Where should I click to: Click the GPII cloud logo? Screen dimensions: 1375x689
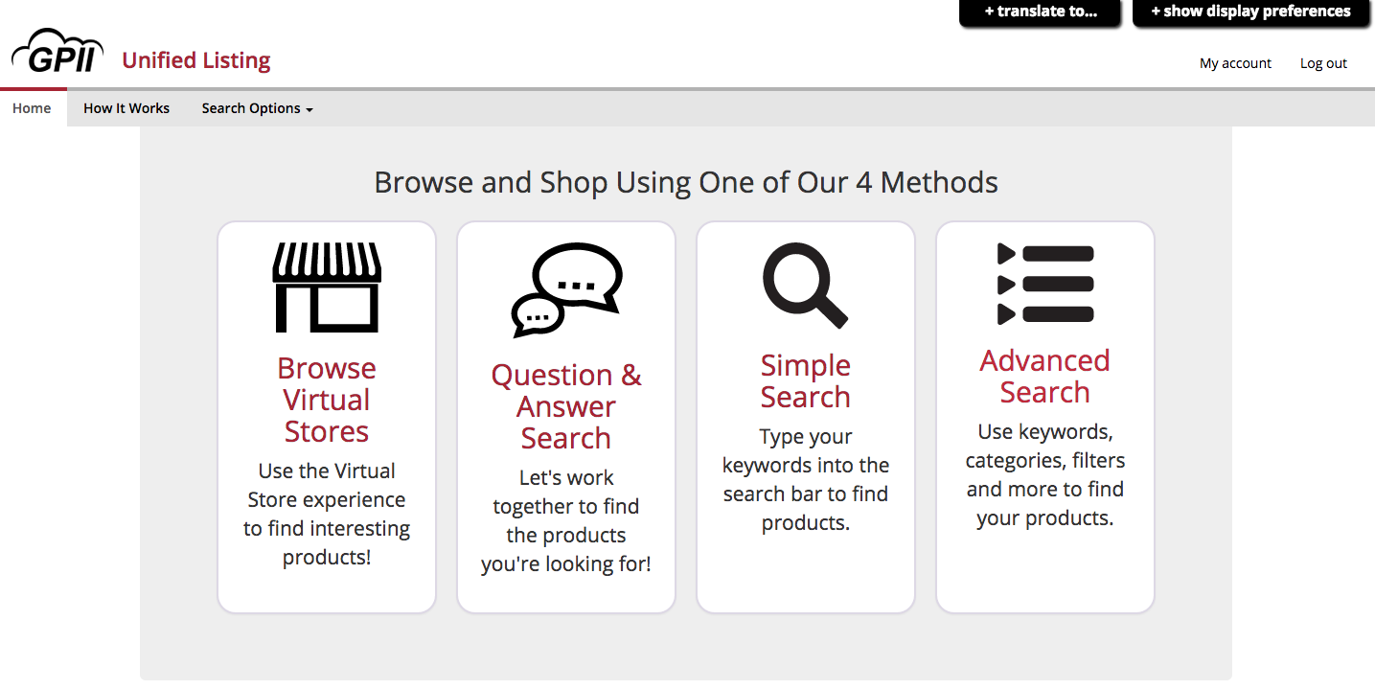(57, 51)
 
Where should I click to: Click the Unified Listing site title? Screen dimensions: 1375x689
(196, 60)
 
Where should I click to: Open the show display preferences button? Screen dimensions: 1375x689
(1251, 12)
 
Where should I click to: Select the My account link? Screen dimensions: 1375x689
(1235, 63)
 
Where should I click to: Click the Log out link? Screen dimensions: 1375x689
(1323, 63)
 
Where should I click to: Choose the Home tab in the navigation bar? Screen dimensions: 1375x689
(32, 108)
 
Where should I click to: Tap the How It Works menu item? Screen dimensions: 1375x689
(126, 108)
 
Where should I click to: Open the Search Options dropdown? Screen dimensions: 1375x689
(257, 108)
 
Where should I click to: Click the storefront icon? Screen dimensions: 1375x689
(327, 287)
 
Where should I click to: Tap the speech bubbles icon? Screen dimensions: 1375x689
(566, 289)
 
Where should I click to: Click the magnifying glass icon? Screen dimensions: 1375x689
(805, 285)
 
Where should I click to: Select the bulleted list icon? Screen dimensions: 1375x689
(1045, 284)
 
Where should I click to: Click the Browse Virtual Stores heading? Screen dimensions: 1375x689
(327, 400)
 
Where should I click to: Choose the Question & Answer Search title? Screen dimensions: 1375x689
(566, 406)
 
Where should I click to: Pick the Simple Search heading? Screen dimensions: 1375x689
(805, 380)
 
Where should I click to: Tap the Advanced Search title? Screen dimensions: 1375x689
(1044, 377)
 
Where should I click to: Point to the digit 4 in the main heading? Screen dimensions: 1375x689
(864, 182)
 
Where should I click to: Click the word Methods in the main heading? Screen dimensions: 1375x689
(939, 182)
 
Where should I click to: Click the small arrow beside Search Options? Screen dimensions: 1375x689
(309, 110)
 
